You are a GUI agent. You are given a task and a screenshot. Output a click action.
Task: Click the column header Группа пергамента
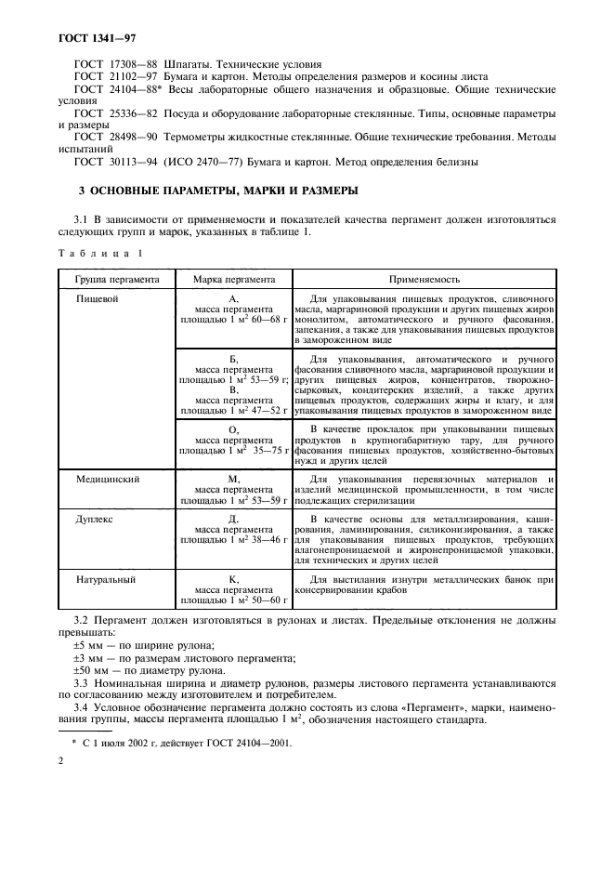point(111,278)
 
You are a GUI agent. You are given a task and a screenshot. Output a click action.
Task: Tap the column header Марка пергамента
point(233,278)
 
